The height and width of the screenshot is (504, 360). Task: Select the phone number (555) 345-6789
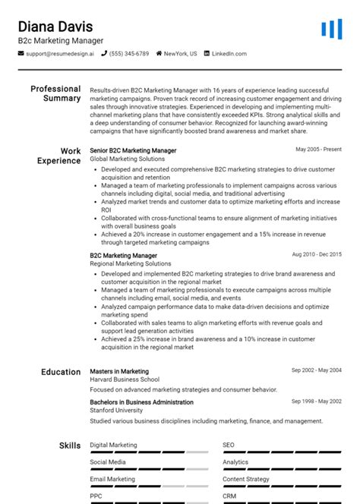129,54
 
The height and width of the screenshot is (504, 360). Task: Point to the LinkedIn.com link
229,54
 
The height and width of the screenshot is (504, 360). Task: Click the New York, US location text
180,54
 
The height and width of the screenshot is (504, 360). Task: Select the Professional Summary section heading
55,93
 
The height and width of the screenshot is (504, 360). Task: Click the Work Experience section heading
58,156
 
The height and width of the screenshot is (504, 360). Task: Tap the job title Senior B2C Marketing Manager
133,151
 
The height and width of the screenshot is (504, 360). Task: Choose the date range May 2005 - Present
318,150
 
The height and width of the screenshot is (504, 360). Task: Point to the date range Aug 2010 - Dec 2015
317,255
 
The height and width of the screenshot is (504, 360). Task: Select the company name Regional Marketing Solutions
130,263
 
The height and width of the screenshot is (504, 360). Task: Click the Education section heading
60,372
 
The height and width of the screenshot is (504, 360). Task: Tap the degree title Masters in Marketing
119,371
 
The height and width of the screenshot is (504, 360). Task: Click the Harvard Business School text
125,380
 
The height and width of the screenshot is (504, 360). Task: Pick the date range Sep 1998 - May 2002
317,402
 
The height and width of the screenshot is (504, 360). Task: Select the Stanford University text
117,410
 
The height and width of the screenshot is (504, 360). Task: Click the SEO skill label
229,445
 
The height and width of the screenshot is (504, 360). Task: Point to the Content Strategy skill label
246,479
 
